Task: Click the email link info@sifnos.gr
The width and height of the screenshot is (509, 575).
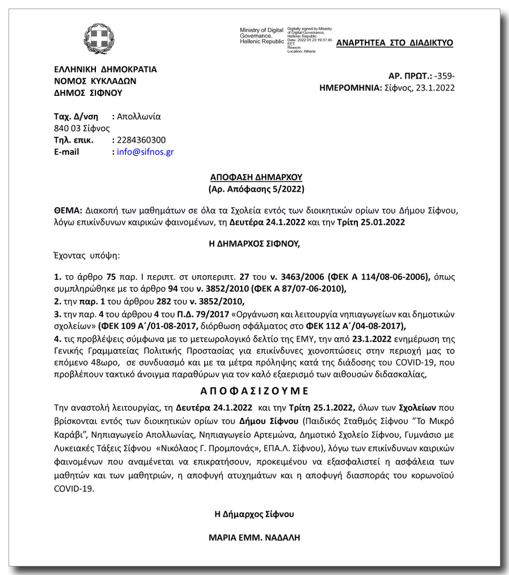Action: (x=145, y=152)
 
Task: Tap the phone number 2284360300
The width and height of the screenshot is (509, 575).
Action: (x=141, y=140)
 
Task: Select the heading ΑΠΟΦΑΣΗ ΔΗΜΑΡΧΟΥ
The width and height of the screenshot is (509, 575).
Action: (x=256, y=177)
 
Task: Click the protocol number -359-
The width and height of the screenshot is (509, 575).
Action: (x=445, y=76)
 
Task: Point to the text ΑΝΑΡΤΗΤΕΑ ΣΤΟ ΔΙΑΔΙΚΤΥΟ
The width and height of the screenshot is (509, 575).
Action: (x=394, y=43)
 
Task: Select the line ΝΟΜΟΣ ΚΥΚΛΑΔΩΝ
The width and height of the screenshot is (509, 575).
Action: (x=95, y=81)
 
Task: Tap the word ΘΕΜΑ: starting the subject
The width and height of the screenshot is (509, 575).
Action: (x=68, y=210)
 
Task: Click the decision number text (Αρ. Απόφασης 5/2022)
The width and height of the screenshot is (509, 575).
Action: (x=256, y=189)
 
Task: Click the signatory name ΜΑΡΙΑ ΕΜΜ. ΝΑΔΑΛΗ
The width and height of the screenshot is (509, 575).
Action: (x=254, y=537)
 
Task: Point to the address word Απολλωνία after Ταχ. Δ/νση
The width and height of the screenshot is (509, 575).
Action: (x=139, y=117)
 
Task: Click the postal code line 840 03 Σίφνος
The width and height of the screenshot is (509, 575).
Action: (x=82, y=128)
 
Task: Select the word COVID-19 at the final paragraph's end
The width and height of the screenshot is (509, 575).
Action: (x=74, y=489)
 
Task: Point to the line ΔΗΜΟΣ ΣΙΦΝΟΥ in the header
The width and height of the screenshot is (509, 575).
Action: (x=88, y=93)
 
